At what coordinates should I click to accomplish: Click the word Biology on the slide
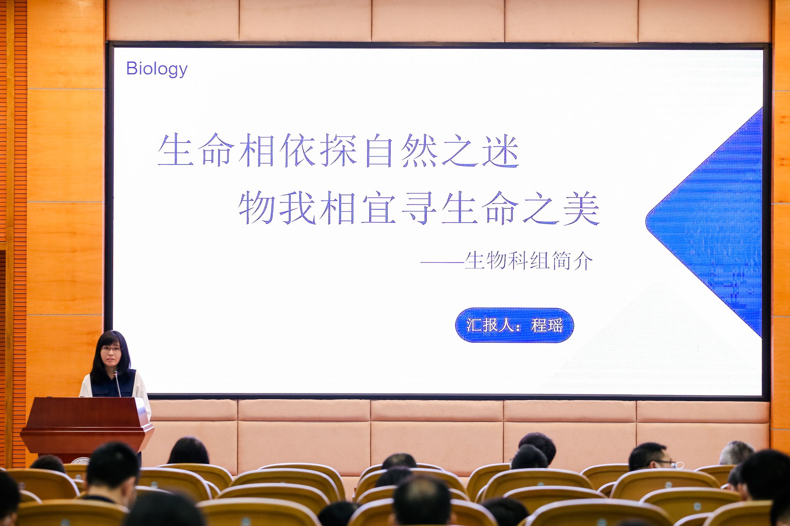pyautogui.click(x=157, y=69)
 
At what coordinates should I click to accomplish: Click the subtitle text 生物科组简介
pyautogui.click(x=528, y=261)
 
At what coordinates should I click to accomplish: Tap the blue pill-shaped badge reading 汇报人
pyautogui.click(x=514, y=325)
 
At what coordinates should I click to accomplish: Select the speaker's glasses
pyautogui.click(x=111, y=349)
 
